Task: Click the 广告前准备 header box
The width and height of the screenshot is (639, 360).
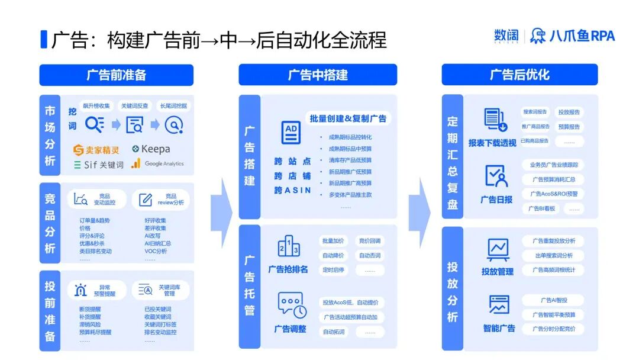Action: (x=116, y=75)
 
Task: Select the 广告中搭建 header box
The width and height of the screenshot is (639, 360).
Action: (x=318, y=75)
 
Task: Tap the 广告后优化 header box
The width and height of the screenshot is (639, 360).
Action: (x=519, y=75)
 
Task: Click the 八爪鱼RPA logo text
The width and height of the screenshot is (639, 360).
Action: (x=572, y=36)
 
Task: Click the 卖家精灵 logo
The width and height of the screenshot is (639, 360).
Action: (x=96, y=150)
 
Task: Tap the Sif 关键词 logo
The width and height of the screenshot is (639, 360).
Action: (x=99, y=165)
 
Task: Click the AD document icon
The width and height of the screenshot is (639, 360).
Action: (x=291, y=133)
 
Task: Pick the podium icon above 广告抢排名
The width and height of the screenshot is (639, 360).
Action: (x=289, y=246)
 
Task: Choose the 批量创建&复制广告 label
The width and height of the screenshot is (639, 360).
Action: (x=348, y=118)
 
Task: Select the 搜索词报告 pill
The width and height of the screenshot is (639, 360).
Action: (x=535, y=112)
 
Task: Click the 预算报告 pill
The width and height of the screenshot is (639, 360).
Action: (x=569, y=127)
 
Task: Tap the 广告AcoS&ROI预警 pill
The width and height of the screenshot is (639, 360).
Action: (x=553, y=194)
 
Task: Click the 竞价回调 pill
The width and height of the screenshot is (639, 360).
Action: (x=370, y=241)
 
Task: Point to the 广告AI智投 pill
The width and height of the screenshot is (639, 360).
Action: (x=553, y=300)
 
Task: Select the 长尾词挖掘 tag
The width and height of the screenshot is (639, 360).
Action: (x=173, y=106)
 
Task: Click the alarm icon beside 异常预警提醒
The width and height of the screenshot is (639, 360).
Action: (x=80, y=290)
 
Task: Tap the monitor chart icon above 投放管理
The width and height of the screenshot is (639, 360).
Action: (x=498, y=249)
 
